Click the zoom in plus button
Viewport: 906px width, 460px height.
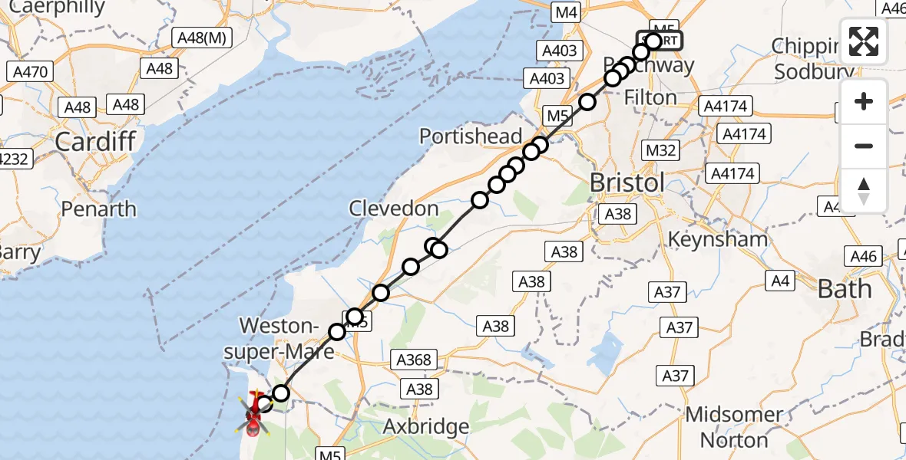(864, 101)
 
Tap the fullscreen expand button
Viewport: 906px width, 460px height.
(864, 41)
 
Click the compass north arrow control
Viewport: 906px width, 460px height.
(864, 190)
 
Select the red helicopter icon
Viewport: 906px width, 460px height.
(254, 413)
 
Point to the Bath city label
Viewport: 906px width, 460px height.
(845, 289)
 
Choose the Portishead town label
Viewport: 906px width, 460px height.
(471, 136)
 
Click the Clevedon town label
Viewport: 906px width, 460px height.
(394, 208)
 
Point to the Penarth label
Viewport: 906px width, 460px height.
(98, 209)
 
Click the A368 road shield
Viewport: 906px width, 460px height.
(415, 360)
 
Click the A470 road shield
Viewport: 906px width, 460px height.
(31, 72)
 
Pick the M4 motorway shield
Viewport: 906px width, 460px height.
(566, 12)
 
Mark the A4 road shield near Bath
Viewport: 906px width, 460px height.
(780, 281)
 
